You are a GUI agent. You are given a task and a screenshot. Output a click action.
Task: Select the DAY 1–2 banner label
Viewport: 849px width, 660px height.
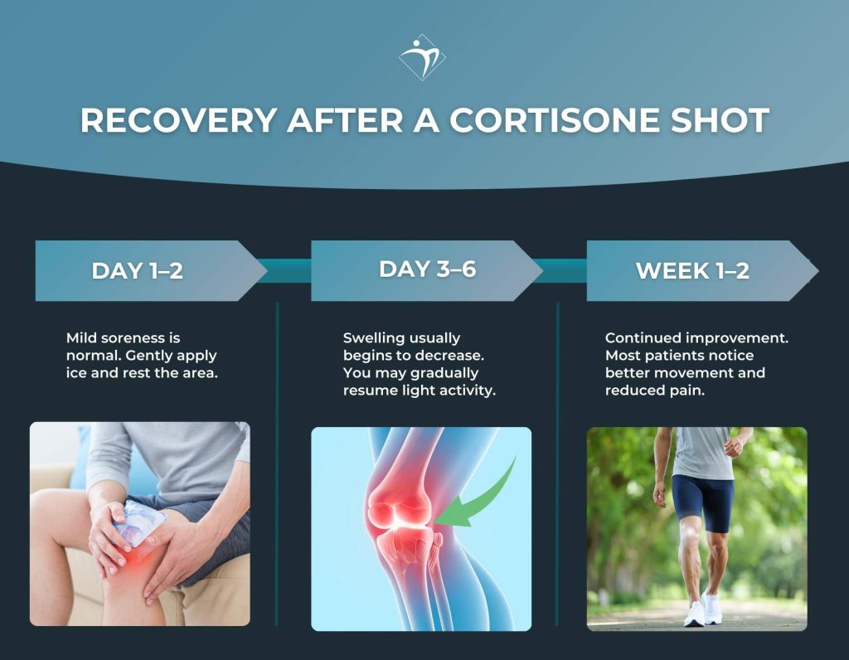(x=137, y=271)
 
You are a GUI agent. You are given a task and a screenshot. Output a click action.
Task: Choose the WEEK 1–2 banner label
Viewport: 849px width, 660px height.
(x=692, y=271)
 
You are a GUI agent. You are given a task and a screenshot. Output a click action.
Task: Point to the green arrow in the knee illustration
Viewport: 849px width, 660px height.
(x=481, y=502)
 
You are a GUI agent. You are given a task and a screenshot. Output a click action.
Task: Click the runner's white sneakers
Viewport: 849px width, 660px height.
(x=703, y=609)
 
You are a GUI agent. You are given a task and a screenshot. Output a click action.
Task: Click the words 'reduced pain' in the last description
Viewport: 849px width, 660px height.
(x=655, y=391)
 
